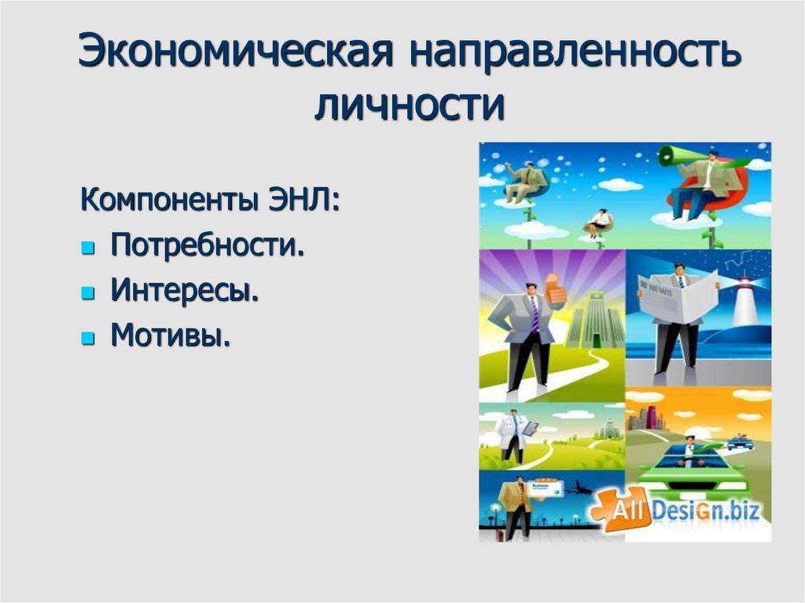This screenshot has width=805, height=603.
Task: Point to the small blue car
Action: tap(740, 443)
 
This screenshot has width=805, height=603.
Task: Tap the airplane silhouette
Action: tap(580, 487)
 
